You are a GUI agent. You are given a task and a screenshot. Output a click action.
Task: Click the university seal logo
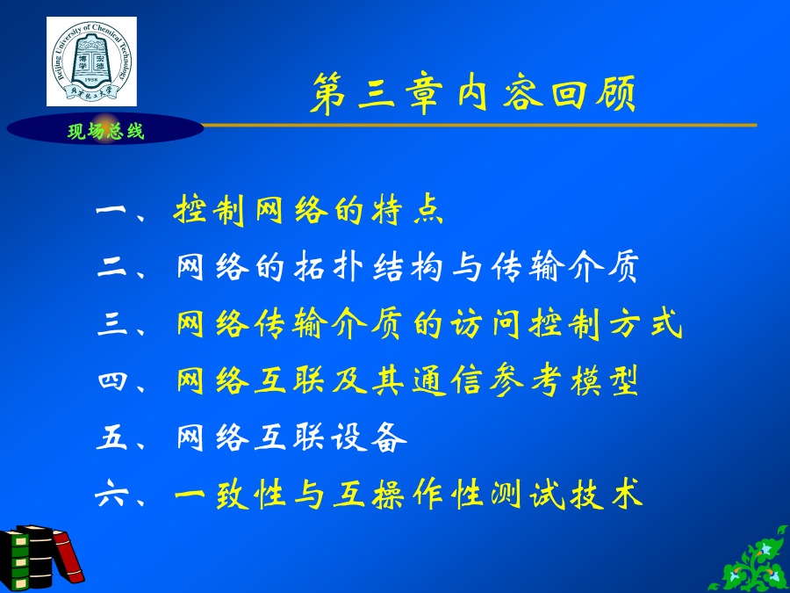91,61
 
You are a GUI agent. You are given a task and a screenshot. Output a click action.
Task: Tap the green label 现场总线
106,132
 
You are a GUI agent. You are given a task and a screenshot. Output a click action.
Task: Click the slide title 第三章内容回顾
472,93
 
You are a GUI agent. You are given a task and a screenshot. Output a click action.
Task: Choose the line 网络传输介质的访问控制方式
429,323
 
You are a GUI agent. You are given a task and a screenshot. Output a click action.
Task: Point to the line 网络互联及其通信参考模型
407,380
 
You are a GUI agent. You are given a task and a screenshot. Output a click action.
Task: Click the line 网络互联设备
291,437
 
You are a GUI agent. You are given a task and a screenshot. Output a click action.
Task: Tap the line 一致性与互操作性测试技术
408,494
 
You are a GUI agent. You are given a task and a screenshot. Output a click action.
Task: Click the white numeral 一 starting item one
111,210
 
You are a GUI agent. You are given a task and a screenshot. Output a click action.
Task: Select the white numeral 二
111,266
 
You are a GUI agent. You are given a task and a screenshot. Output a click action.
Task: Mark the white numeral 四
111,380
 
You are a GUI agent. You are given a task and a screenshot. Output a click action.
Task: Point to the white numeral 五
111,437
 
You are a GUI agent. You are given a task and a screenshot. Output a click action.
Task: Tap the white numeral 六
111,494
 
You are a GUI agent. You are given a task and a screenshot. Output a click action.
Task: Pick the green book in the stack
14,560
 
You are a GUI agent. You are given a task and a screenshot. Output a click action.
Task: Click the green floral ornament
750,561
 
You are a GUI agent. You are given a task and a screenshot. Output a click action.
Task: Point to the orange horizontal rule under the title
479,125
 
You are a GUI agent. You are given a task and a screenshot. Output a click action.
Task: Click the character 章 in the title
424,94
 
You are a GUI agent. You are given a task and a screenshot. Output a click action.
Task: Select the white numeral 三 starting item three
111,323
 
